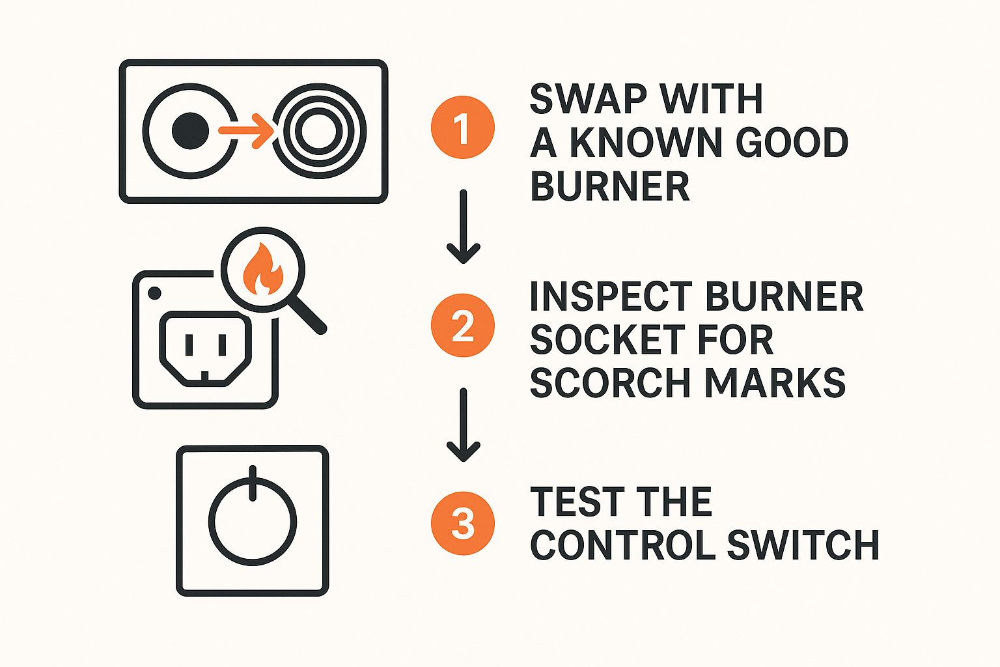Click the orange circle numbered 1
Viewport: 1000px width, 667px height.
(x=462, y=127)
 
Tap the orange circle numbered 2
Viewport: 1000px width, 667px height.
(x=462, y=326)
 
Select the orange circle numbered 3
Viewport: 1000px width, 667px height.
(x=462, y=524)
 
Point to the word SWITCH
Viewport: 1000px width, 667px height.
(x=803, y=545)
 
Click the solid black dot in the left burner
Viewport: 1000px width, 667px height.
(x=190, y=130)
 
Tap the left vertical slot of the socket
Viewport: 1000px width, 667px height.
(x=189, y=345)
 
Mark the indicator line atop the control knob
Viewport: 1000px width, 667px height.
(x=253, y=483)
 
